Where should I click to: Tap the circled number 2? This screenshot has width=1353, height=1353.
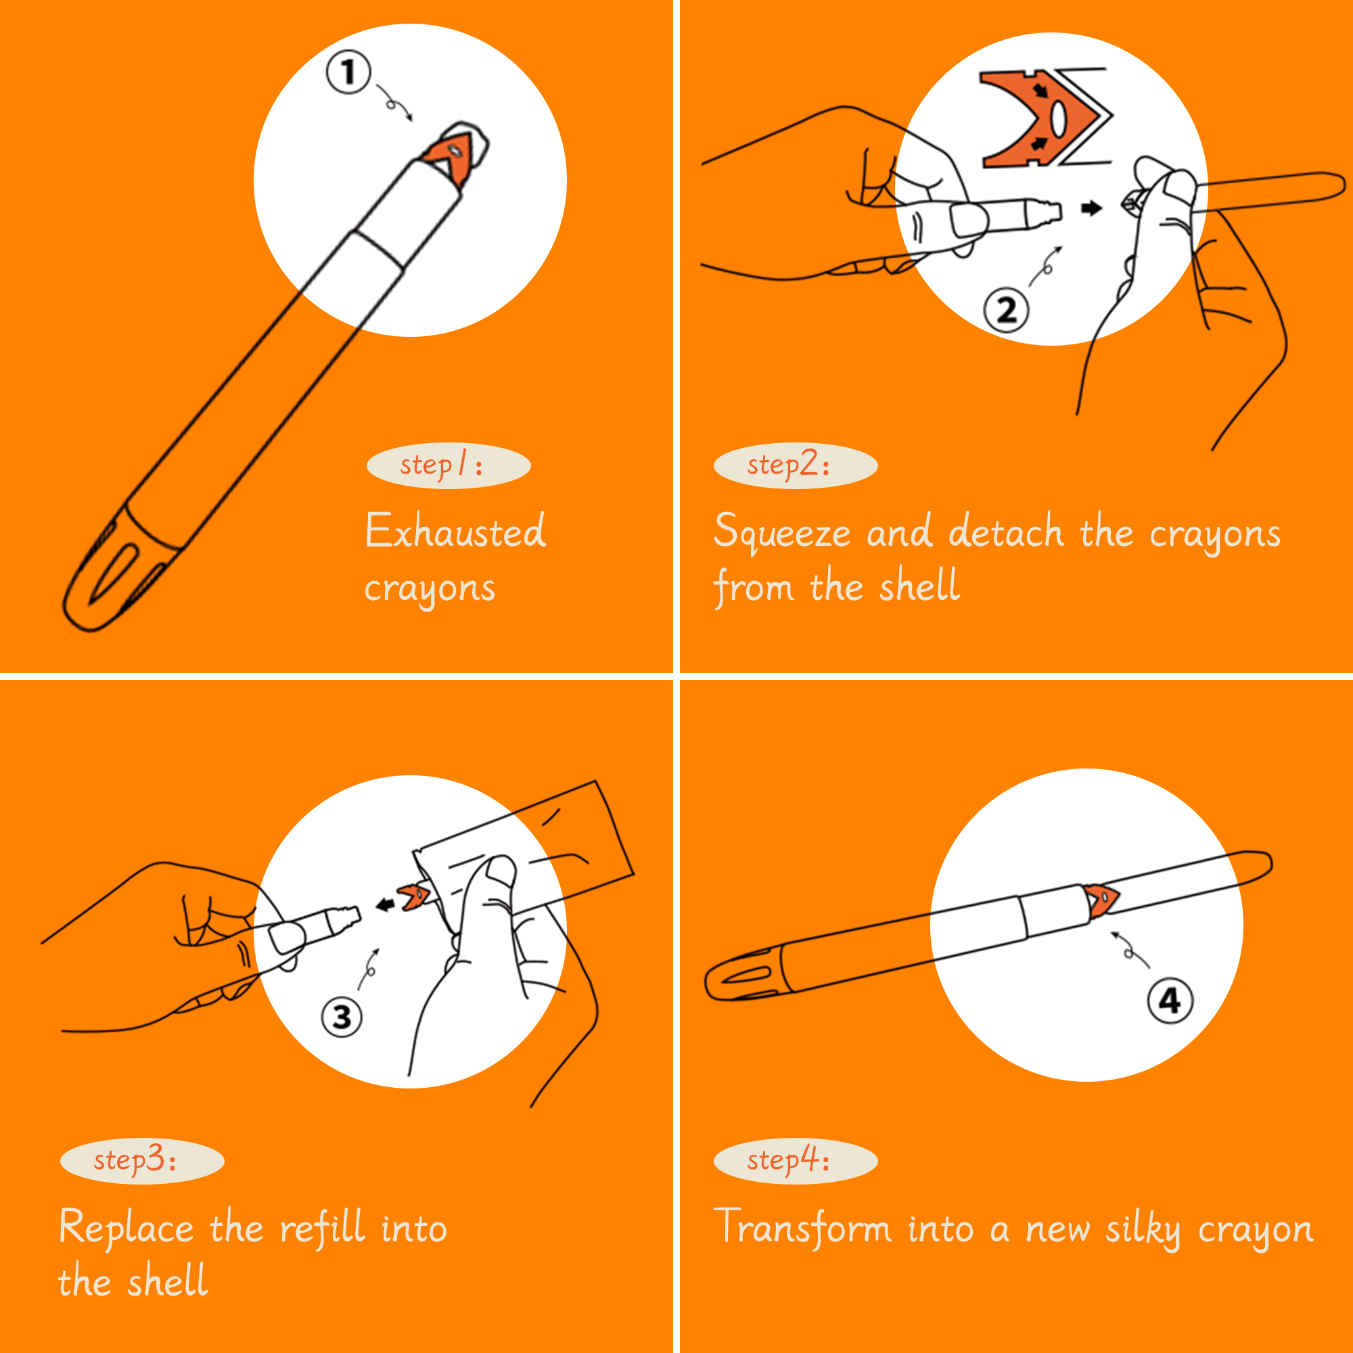click(1007, 310)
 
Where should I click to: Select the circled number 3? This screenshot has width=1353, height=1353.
click(342, 1017)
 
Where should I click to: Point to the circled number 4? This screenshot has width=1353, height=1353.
click(1170, 1001)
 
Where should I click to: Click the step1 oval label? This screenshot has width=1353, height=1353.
click(449, 465)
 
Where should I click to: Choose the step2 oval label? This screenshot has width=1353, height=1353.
click(796, 465)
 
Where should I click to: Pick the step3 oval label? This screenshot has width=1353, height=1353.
click(142, 1161)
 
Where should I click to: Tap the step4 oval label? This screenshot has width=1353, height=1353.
click(796, 1161)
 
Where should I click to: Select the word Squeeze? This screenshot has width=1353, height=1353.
click(781, 534)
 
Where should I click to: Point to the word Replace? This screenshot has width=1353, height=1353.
click(126, 1229)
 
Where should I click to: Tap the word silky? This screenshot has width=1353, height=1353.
click(1143, 1229)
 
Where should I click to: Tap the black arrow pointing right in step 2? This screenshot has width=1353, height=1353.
click(1091, 208)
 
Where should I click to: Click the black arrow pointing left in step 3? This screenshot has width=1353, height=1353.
click(385, 904)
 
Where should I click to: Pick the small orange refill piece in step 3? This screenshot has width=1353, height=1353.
click(414, 896)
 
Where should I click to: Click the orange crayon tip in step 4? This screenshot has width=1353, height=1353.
click(1100, 900)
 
